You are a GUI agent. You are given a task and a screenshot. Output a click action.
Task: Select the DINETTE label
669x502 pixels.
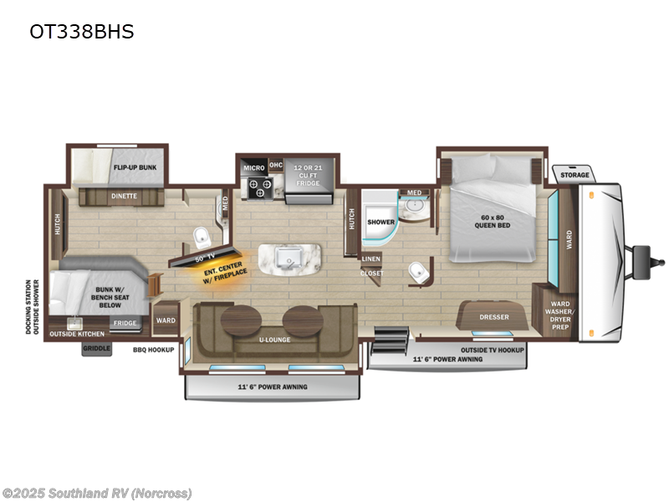tap(124, 197)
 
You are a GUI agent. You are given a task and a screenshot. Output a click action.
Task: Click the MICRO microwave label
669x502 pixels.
tap(254, 167)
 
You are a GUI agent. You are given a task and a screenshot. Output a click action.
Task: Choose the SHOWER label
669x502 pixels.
tap(380, 222)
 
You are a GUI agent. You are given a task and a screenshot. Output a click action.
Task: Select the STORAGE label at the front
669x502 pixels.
tap(575, 175)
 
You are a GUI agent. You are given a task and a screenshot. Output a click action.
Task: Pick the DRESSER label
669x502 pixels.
tap(494, 317)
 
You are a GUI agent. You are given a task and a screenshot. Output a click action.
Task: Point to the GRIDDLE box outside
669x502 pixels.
tap(96, 349)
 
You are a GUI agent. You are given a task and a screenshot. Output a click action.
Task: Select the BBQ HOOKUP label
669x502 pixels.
tap(153, 349)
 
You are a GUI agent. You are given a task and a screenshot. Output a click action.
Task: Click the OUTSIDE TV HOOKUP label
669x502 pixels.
tap(492, 349)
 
